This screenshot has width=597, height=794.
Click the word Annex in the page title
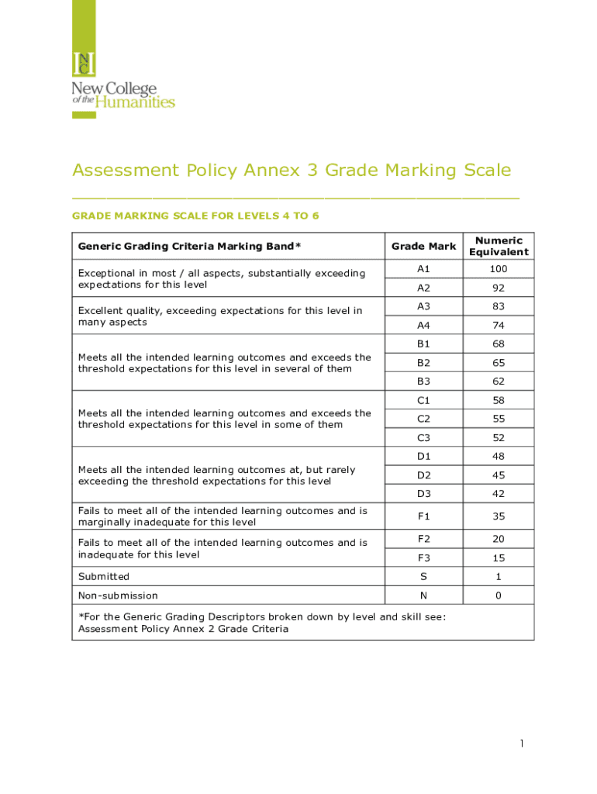269,170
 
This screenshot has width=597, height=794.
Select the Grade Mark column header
423,247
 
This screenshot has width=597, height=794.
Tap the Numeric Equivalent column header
499,247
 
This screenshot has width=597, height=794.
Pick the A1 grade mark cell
423,269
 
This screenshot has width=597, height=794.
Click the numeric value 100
499,269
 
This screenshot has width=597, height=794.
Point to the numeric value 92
499,288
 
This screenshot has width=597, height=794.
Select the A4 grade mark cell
423,326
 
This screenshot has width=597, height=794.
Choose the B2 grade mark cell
423,362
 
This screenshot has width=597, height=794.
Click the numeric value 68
499,343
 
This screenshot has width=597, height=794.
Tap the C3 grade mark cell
423,437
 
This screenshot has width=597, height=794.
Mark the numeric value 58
499,400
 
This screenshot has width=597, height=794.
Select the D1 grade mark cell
423,456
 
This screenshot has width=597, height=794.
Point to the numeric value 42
499,493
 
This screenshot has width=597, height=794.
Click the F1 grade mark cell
423,516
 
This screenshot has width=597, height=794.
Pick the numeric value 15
499,558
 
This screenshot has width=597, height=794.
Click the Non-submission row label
118,595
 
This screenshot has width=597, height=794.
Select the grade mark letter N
423,595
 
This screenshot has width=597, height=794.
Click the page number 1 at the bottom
523,744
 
